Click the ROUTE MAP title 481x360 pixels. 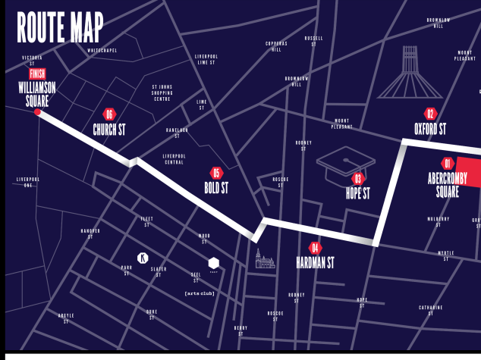[60, 28]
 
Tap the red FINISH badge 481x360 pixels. [37, 74]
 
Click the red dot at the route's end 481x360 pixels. [37, 111]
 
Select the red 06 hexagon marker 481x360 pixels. [109, 114]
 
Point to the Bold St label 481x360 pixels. [216, 187]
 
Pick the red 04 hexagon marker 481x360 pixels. [315, 248]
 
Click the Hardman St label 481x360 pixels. [315, 263]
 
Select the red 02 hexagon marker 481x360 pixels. [430, 114]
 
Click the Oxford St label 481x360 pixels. [430, 129]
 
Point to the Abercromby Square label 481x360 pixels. [448, 185]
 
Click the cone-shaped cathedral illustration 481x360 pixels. [410, 73]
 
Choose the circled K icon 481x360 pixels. [142, 258]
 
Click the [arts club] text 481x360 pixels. [200, 293]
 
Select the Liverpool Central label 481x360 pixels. [174, 159]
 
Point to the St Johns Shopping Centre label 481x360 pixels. [162, 93]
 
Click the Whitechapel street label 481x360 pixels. [102, 50]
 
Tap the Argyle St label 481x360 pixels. [66, 318]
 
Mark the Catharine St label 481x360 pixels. [430, 310]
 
